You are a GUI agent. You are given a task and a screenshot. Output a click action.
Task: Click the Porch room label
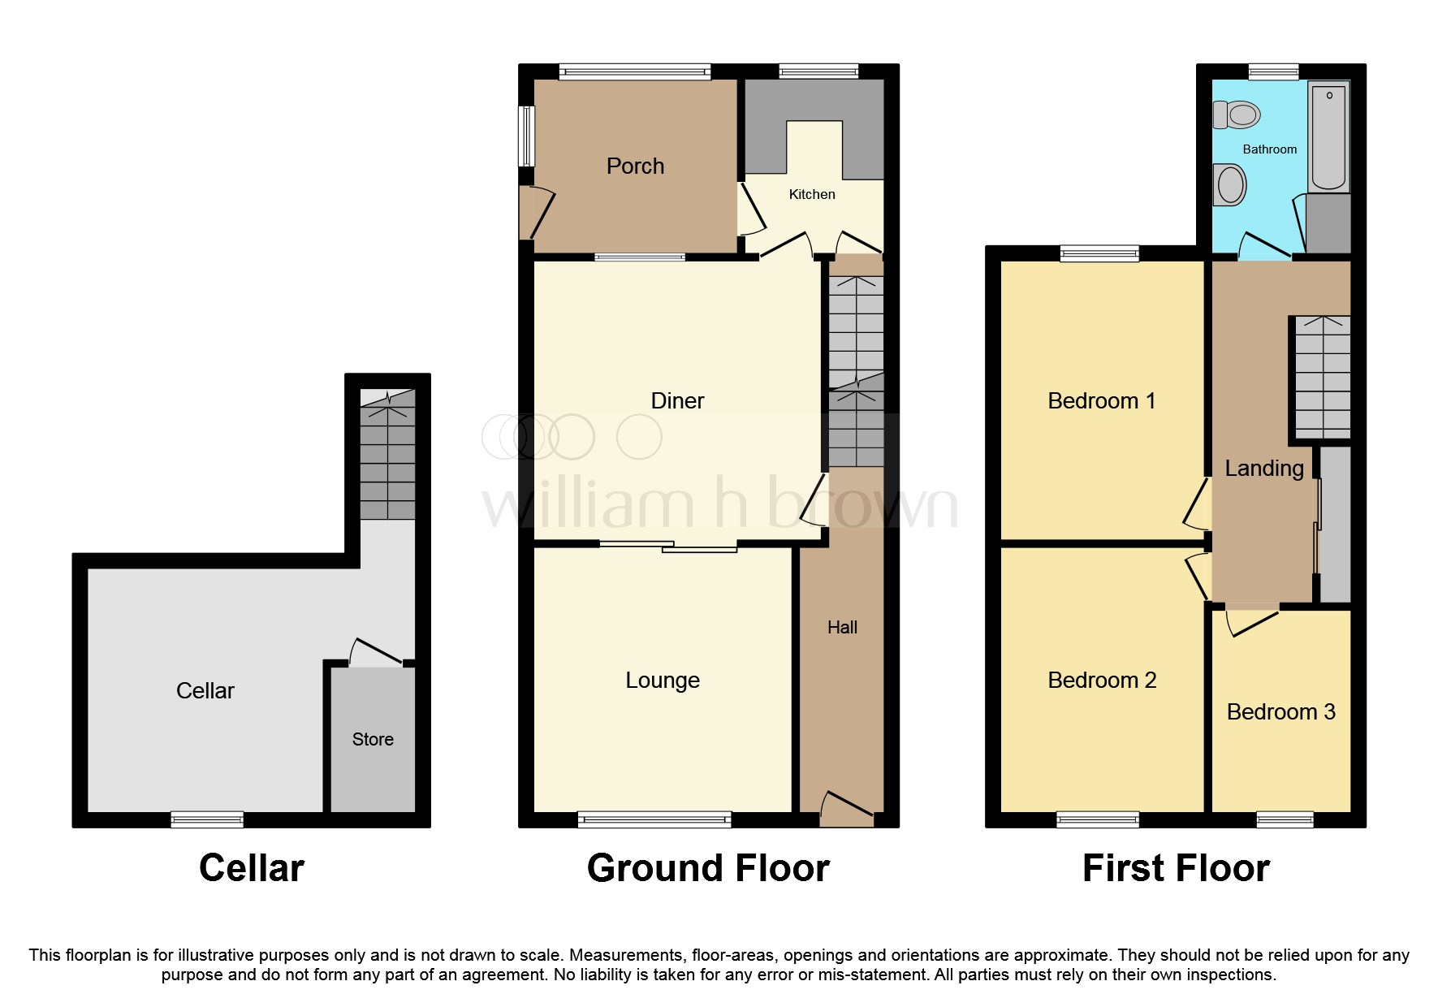click(x=635, y=166)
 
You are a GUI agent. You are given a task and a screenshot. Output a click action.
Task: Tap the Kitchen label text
click(x=811, y=194)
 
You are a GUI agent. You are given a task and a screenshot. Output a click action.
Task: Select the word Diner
click(x=677, y=400)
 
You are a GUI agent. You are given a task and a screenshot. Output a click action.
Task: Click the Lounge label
click(x=662, y=681)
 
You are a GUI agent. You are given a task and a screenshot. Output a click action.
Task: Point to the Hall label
click(x=842, y=627)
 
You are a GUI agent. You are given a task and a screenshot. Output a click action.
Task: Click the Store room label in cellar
click(x=373, y=739)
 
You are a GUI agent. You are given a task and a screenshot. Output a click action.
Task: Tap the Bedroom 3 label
click(x=1280, y=712)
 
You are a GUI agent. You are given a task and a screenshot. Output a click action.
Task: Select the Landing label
click(x=1263, y=469)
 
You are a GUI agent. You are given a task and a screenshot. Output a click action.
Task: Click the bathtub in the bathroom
click(x=1328, y=136)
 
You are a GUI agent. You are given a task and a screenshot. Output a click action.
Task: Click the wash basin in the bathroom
click(x=1230, y=185)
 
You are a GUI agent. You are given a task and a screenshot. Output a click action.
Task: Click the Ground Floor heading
click(x=708, y=868)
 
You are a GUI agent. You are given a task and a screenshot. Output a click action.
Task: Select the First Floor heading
click(x=1175, y=868)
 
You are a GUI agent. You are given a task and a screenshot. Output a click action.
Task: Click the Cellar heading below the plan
click(x=251, y=868)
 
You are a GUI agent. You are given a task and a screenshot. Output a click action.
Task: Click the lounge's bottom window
click(x=654, y=819)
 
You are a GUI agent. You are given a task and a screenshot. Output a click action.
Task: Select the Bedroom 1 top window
click(x=1099, y=253)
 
